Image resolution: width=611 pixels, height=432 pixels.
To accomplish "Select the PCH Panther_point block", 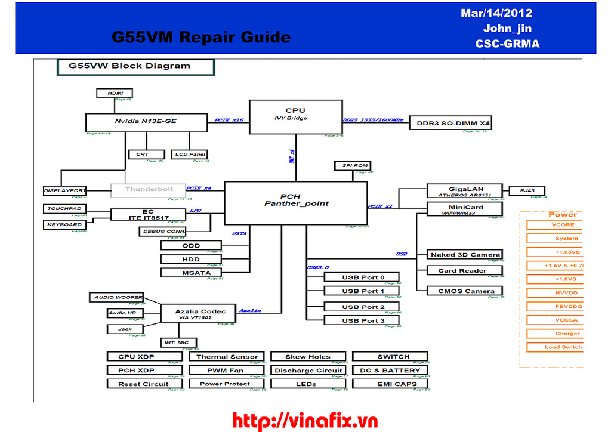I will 295,200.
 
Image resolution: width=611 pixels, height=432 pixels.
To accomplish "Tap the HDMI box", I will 115,93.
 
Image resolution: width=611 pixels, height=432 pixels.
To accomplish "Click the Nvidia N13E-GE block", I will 146,122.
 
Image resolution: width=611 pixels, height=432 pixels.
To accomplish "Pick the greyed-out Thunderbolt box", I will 149,190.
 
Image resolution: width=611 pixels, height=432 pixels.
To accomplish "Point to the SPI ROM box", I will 351,165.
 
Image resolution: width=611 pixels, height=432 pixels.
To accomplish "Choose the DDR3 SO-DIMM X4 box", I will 453,123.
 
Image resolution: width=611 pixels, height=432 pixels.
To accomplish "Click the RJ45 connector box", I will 527,191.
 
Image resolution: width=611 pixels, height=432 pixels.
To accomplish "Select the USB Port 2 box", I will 363,307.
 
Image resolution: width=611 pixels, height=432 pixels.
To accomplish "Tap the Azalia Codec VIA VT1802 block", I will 200,314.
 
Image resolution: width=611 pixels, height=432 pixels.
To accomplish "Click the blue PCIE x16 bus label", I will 229,120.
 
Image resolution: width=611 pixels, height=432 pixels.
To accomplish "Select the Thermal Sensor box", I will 227,357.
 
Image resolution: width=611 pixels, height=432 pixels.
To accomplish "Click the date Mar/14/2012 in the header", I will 496,13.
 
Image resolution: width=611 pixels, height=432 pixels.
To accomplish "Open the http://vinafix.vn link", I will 305,421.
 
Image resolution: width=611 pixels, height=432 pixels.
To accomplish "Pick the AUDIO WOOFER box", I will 118,297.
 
